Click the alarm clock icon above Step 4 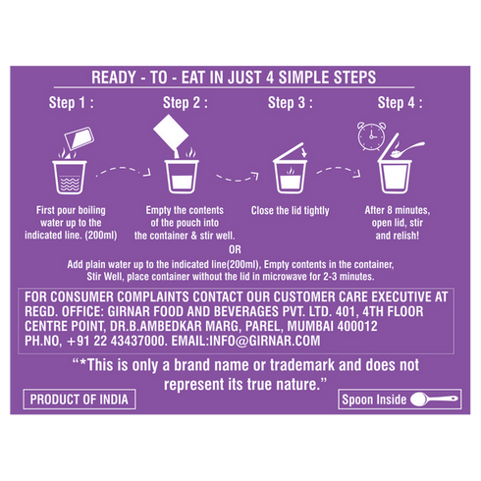click(371, 136)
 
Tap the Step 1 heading click(72, 103)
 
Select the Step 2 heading click(186, 103)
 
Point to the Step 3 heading click(291, 103)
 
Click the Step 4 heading click(400, 103)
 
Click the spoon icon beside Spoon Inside click(434, 400)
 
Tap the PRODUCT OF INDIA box click(80, 400)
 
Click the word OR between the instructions click(235, 250)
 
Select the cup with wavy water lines click(70, 177)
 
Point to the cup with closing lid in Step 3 click(291, 169)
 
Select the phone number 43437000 click(137, 341)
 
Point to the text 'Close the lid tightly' click(291, 211)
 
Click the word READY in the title click(114, 78)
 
